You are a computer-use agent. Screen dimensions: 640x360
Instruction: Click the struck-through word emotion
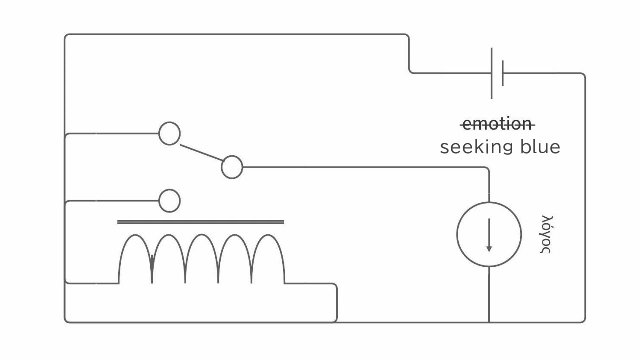tap(497, 124)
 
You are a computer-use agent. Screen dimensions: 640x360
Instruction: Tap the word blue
tap(540, 147)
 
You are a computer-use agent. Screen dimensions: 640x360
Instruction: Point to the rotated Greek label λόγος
tap(546, 234)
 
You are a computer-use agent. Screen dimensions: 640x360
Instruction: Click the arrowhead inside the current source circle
tap(489, 249)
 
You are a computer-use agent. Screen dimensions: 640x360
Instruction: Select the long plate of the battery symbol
tap(491, 73)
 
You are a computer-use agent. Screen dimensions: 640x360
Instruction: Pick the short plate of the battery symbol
tap(503, 73)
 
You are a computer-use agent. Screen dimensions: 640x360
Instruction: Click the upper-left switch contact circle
tap(169, 123)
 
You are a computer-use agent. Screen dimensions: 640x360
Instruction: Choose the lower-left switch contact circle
tap(169, 190)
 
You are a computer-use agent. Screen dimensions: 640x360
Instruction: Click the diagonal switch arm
tap(202, 153)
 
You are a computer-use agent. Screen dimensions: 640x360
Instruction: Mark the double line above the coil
tap(201, 222)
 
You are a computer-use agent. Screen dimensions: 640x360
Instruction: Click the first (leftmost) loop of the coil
tap(135, 235)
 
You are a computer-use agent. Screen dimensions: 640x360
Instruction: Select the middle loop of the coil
tap(202, 235)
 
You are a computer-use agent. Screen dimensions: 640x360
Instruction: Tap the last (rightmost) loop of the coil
tap(268, 235)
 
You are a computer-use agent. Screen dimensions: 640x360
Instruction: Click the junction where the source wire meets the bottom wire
tap(489, 322)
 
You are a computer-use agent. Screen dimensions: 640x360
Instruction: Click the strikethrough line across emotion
tap(497, 125)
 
